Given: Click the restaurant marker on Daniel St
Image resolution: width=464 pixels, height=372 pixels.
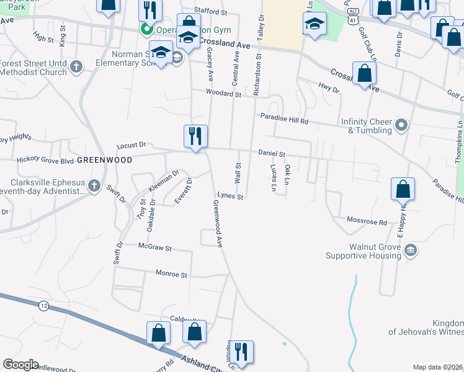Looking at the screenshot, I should (195, 136).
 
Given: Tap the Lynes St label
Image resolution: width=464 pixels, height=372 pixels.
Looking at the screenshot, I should (230, 197).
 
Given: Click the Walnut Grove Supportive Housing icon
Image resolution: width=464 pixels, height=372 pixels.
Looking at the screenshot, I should (410, 250).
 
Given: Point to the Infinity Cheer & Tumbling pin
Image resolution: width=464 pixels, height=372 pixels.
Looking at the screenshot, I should (401, 126).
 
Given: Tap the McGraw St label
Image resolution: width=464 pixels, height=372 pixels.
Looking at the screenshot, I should (154, 247).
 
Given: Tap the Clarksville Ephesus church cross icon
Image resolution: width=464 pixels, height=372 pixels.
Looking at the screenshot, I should (93, 186).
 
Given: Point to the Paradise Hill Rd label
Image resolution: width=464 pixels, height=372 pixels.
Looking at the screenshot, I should (284, 117).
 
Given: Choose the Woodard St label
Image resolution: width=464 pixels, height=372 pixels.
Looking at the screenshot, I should (224, 94).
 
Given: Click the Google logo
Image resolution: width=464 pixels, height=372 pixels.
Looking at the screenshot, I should (20, 365).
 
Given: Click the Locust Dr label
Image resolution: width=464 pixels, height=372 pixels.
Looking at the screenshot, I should (131, 145).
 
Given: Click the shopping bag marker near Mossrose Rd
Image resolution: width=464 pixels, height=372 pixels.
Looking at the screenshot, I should (403, 190).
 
